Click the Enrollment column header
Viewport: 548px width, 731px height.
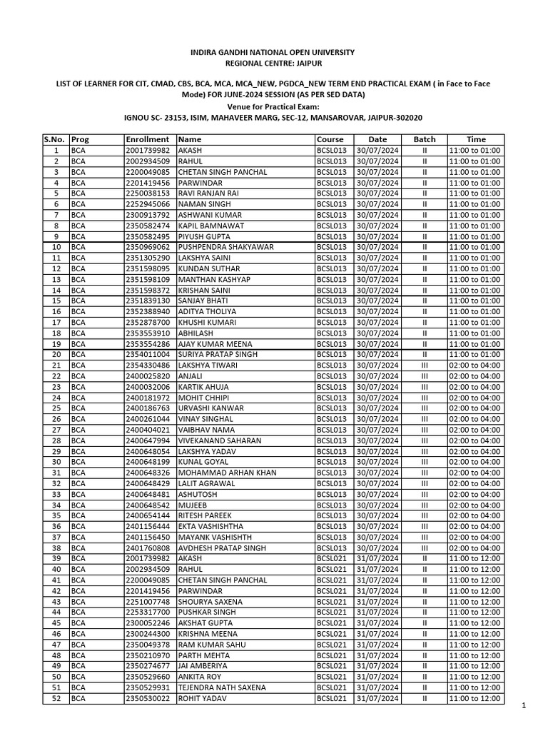pos(146,139)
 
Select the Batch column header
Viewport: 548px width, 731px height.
pos(424,139)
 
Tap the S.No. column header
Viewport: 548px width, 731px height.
pos(55,139)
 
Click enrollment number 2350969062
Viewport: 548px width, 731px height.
pos(148,247)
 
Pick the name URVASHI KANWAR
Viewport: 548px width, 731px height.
pos(210,408)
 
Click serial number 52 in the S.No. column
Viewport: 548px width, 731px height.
pos(56,698)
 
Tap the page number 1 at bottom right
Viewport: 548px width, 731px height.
pos(523,706)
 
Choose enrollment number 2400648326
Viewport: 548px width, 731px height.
pos(148,473)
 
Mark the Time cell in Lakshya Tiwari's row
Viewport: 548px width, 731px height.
pos(475,365)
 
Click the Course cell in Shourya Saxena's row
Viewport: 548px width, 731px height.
pos(333,602)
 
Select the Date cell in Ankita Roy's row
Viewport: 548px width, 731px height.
pos(377,677)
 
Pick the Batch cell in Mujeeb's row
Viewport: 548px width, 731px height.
pos(424,505)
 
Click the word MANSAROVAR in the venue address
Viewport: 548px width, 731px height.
pos(341,117)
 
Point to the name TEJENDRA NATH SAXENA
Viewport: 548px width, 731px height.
pos(222,687)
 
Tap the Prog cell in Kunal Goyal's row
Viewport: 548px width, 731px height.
pos(78,462)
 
